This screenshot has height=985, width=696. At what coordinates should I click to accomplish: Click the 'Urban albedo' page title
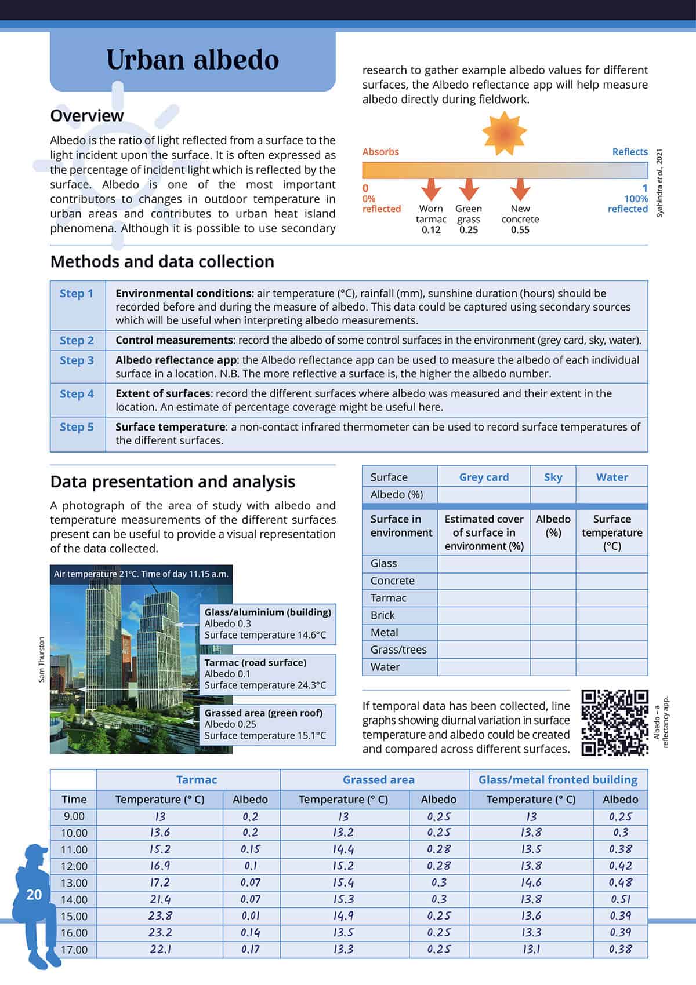(193, 60)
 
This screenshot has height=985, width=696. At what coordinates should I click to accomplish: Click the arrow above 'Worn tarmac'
(431, 189)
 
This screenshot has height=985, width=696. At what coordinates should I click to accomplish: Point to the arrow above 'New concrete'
(520, 189)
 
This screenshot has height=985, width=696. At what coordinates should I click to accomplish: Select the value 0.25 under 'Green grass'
(469, 230)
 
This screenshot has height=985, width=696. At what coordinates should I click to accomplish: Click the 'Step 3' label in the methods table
(77, 360)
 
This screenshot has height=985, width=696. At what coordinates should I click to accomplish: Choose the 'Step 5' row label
(77, 427)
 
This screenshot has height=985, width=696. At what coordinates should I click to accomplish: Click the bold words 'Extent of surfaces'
(162, 393)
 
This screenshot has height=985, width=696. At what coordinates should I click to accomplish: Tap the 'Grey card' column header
(484, 477)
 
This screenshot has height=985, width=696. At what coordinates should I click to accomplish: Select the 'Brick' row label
(383, 615)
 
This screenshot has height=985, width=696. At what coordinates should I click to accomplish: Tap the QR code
(615, 723)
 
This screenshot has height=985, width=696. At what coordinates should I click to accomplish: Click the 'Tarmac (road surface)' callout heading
(255, 663)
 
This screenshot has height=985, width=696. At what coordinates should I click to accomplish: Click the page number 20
(34, 895)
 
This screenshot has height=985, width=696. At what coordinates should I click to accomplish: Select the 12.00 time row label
(74, 866)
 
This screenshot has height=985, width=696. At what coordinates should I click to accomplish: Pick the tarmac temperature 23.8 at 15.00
(160, 916)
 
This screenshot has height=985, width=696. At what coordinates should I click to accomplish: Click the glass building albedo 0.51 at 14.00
(620, 899)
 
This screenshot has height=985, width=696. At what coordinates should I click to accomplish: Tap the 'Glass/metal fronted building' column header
(557, 780)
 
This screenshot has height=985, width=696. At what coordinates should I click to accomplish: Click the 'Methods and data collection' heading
(162, 262)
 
